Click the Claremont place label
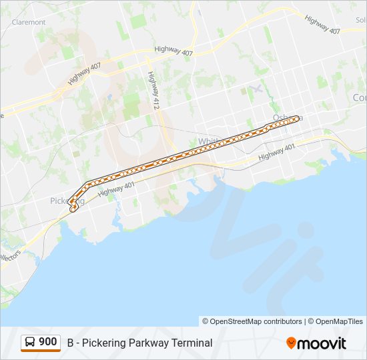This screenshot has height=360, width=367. [x=29, y=22]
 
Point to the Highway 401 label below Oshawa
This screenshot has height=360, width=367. [x=276, y=151]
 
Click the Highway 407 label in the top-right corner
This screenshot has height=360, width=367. [x=322, y=25]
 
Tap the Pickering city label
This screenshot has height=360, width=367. [x=67, y=201]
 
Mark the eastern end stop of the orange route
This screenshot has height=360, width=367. [x=296, y=119]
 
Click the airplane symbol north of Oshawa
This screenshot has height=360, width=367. [x=255, y=89]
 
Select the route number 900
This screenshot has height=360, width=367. [x=47, y=342]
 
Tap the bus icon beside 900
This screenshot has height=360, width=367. [x=31, y=343]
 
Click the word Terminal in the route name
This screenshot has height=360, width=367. [x=192, y=343]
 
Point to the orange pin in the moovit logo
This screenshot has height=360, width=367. [x=291, y=343]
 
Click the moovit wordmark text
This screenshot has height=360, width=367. [x=322, y=343]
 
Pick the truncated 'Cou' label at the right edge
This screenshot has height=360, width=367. [x=359, y=98]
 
